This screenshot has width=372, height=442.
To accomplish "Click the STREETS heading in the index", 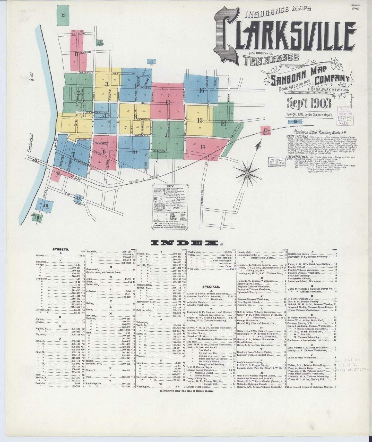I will [60, 249].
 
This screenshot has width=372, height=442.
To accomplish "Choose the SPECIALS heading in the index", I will [211, 286].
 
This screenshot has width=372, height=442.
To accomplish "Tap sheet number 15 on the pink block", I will [203, 147].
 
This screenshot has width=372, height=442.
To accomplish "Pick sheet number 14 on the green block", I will [223, 123].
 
